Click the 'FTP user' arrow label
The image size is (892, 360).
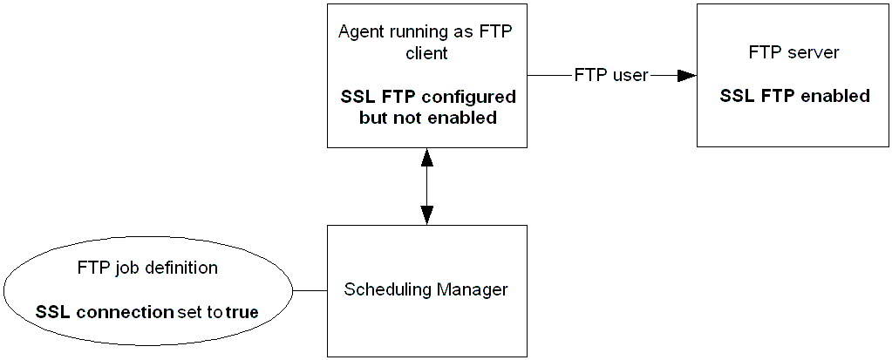610,75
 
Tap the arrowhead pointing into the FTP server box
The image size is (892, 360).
686,76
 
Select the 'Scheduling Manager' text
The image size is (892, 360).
426,289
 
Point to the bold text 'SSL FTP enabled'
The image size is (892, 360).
794,96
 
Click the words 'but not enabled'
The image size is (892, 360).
427,118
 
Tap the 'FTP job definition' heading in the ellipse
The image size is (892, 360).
147,268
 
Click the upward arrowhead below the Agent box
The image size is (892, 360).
426,157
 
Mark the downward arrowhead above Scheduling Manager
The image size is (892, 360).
426,214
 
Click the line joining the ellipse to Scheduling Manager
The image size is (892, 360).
310,289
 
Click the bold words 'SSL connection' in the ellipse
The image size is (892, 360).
105,311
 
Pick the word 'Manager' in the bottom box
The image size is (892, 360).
475,289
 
